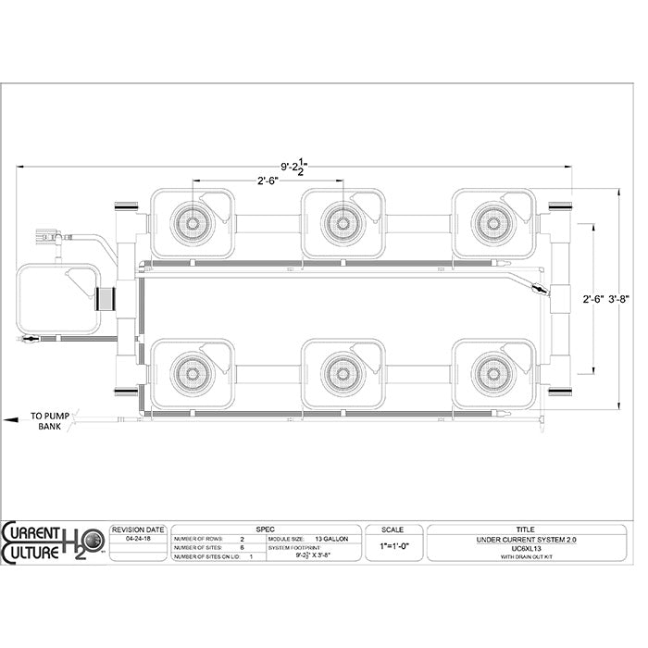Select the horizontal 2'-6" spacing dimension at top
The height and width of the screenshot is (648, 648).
[269, 181]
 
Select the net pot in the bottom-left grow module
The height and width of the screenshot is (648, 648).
[191, 373]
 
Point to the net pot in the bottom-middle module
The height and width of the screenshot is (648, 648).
[342, 373]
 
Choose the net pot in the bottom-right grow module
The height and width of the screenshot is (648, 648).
[492, 373]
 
